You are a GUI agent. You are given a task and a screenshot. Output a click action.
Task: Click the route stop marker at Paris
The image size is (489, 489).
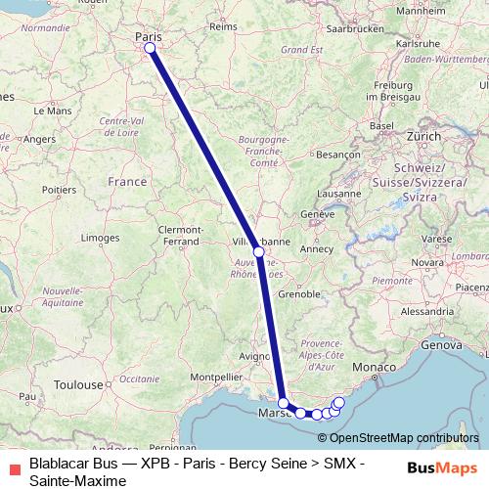[150, 48]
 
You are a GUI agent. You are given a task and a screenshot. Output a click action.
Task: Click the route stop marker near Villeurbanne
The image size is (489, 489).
[258, 251]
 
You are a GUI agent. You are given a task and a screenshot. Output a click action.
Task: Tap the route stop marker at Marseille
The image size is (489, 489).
[283, 403]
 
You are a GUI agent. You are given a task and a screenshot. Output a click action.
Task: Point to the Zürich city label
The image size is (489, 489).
[426, 136]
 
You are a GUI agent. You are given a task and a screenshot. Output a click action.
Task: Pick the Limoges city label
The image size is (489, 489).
[100, 238]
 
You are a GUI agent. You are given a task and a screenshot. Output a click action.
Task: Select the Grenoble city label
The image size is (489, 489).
[301, 293]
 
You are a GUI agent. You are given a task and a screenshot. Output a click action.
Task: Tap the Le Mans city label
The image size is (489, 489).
[53, 111]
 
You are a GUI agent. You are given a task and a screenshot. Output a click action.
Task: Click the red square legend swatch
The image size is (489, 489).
[10, 467]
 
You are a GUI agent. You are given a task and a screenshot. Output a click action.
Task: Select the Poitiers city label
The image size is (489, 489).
[60, 188]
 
